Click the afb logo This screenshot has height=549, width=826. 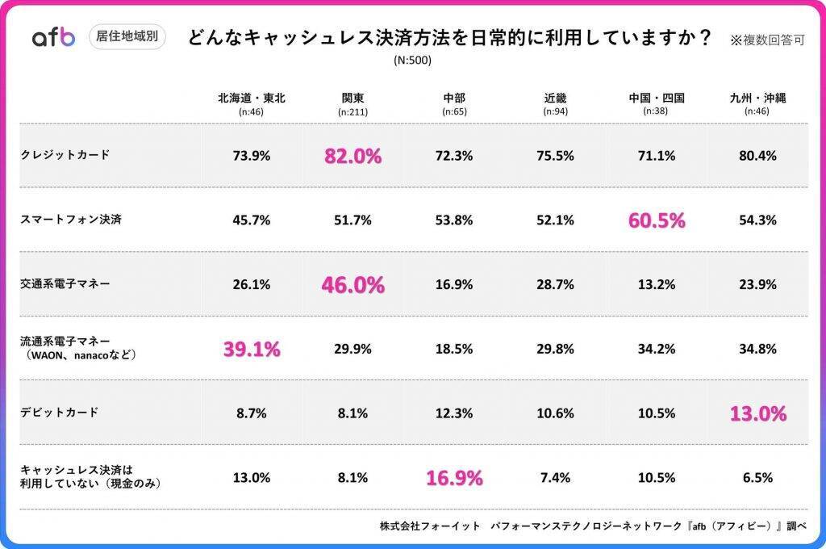(x=53, y=37)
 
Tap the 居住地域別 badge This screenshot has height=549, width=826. (x=126, y=36)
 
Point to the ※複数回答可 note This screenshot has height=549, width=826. (x=767, y=39)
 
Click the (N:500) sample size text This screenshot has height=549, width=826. (x=412, y=61)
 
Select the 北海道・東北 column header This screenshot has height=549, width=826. (x=251, y=98)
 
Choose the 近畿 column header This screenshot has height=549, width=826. (x=555, y=98)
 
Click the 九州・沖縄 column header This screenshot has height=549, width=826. (x=757, y=98)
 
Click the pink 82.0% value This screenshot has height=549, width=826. (x=353, y=156)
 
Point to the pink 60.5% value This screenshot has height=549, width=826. (x=657, y=220)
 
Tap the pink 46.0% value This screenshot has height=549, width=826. (x=353, y=284)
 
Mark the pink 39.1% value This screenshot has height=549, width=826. (x=251, y=349)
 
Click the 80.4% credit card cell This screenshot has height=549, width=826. (x=757, y=156)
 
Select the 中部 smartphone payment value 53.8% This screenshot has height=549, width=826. (x=453, y=220)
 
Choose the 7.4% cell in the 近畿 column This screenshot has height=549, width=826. (x=555, y=477)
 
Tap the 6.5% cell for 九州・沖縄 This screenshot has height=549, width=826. (x=757, y=477)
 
